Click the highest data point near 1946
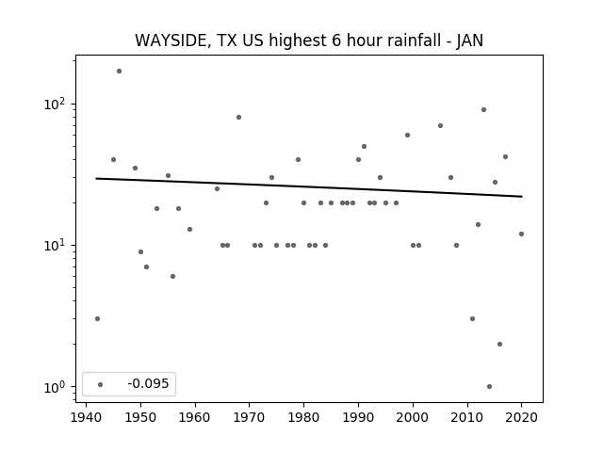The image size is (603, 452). tap(120, 72)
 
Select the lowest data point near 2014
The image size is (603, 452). tap(489, 387)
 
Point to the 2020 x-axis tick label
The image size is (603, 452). tap(521, 417)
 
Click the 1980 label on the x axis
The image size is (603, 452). tap(303, 417)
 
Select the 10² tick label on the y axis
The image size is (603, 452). tap(56, 104)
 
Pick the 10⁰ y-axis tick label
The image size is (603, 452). tap(56, 387)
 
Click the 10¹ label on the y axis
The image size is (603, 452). tap(56, 245)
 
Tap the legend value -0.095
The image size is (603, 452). tap(148, 383)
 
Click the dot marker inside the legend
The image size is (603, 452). tap(101, 384)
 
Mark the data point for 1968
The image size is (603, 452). tap(238, 117)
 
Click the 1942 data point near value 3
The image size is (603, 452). tap(97, 318)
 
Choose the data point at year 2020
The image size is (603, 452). tap(521, 234)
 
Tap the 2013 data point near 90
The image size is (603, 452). tap(483, 110)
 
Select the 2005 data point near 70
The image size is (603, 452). tap(440, 125)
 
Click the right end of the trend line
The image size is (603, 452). tap(522, 197)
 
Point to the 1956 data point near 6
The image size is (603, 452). tap(172, 276)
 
